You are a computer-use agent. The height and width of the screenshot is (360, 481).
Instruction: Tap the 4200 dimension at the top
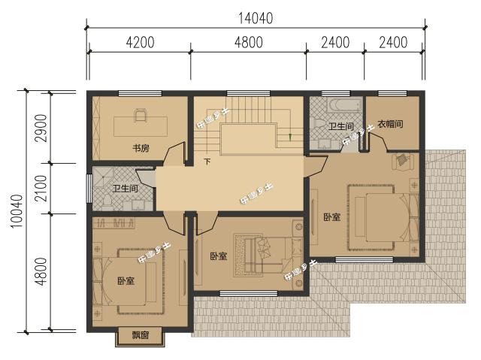140,42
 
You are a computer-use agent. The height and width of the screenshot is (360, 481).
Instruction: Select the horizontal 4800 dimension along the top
248,42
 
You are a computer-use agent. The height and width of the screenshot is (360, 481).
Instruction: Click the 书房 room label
140,148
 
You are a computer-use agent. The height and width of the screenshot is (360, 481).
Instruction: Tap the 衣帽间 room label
389,123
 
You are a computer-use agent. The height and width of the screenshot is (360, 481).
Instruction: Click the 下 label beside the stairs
207,160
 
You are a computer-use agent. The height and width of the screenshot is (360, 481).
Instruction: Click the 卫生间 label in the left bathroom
124,189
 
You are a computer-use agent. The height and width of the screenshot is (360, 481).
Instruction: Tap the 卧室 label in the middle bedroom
218,256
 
